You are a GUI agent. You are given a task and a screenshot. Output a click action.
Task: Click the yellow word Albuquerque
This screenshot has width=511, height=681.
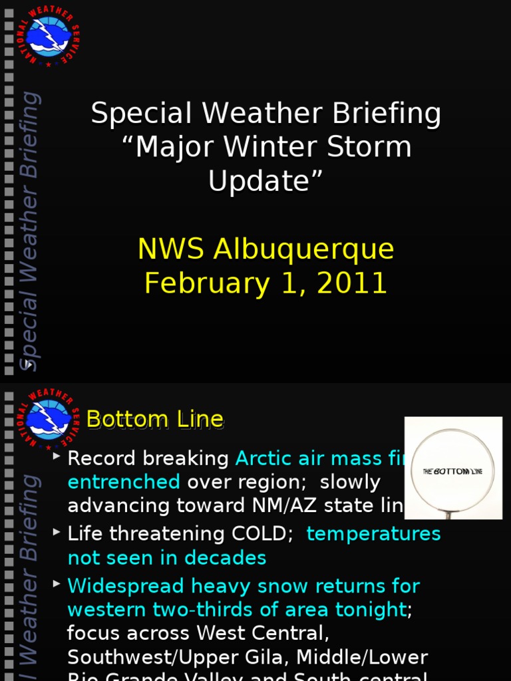[303, 249]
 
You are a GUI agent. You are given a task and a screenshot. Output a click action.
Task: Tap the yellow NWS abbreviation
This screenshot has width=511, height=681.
[172, 249]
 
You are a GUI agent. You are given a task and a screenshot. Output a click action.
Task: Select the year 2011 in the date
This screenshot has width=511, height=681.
[352, 283]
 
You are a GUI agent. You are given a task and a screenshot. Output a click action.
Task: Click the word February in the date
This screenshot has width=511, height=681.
[200, 283]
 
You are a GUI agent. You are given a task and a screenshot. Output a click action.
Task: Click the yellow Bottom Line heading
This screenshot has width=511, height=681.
[155, 420]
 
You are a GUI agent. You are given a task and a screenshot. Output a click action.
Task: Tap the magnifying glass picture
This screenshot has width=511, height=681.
[453, 468]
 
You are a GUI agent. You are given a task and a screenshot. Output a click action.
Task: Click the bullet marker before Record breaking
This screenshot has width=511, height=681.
[57, 456]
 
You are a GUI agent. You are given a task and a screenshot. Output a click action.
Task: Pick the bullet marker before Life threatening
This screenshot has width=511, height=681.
[57, 532]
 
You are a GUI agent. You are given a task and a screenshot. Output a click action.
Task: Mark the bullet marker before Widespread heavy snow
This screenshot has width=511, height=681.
[57, 584]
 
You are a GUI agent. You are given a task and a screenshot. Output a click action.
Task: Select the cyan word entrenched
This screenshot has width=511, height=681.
[124, 482]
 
